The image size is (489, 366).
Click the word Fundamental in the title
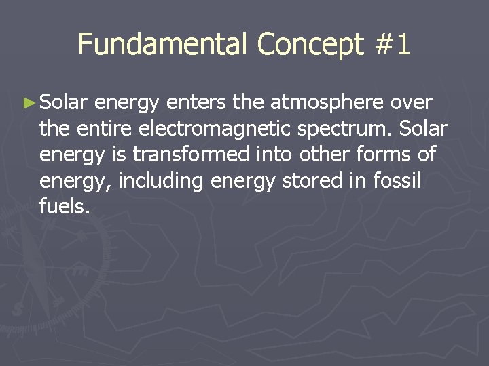[163, 45]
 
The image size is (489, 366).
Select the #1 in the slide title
[392, 45]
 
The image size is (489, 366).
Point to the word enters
[196, 103]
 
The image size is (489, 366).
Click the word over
[412, 103]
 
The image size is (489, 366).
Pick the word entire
[106, 129]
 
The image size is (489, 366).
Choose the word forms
[386, 155]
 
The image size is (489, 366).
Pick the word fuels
[65, 206]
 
